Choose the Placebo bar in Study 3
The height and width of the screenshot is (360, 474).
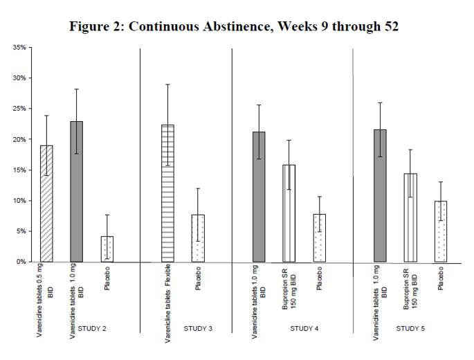coord(197,238)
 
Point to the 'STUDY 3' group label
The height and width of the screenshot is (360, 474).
coord(198,346)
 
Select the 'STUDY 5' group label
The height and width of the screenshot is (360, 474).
coord(410,346)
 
